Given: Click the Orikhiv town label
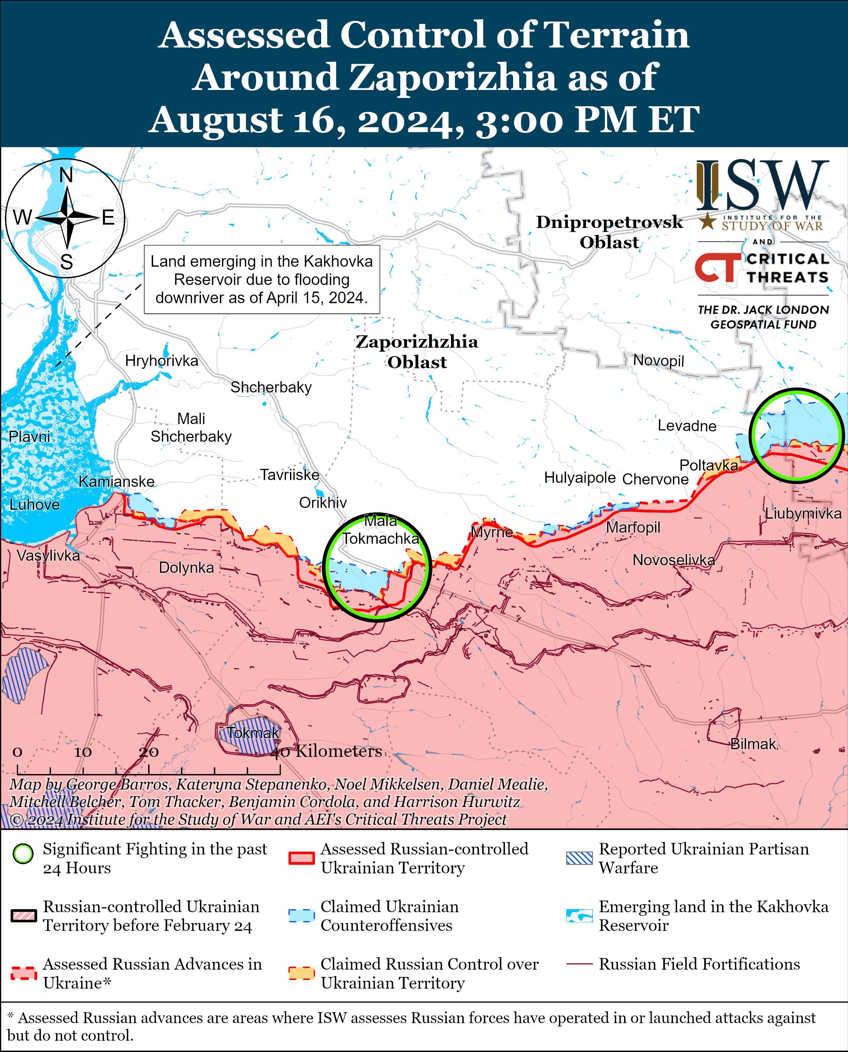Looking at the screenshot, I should (323, 502).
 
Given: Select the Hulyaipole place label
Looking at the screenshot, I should (580, 477).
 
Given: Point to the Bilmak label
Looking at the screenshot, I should (753, 744).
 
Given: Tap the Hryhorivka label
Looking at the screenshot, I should (162, 361).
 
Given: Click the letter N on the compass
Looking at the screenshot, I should (66, 175).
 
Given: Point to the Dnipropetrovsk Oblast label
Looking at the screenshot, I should (609, 232).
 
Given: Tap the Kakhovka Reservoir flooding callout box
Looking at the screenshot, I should (262, 279).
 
